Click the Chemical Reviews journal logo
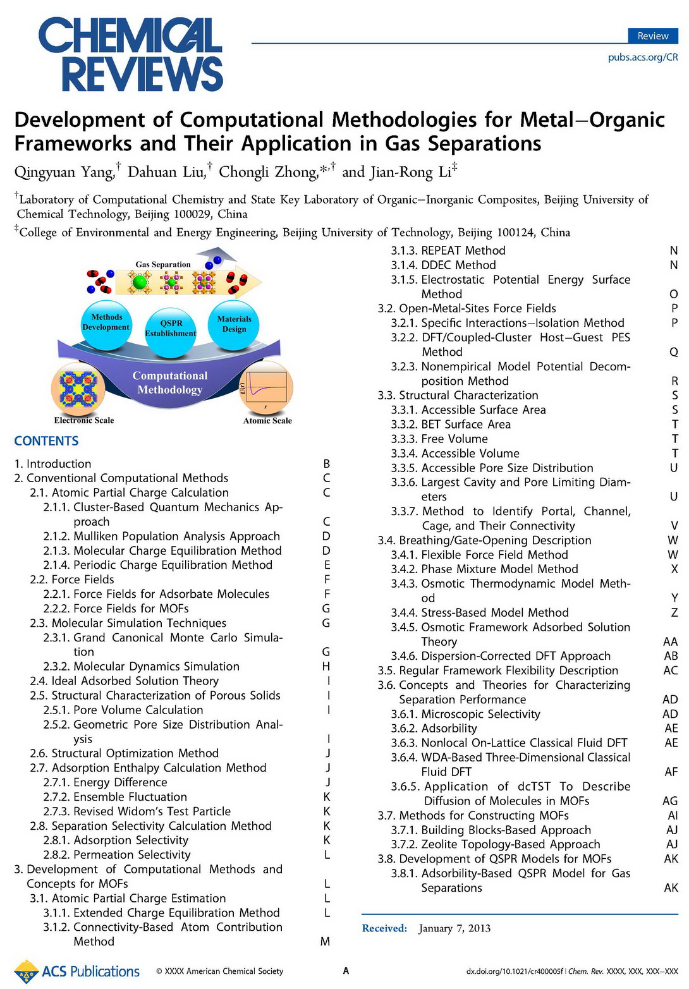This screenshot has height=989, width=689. coord(130,54)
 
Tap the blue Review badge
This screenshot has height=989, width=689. coord(652,36)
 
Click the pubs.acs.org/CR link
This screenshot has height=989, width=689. coord(642,57)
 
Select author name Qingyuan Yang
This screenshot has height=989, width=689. coord(64,172)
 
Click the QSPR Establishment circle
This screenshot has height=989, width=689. coord(171,328)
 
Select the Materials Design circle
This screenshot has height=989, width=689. coord(234,324)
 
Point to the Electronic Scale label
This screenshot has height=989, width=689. coord(84,420)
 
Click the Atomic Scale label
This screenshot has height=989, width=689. coord(267,420)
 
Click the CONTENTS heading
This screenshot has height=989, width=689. coord(46,441)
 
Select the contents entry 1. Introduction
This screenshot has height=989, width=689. coord(52,464)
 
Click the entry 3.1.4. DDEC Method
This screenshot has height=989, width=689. coord(458,265)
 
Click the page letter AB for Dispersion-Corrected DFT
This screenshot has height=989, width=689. coord(671,656)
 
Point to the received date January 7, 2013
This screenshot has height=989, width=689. coord(454,928)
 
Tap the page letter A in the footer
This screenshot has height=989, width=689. coord(346,971)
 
